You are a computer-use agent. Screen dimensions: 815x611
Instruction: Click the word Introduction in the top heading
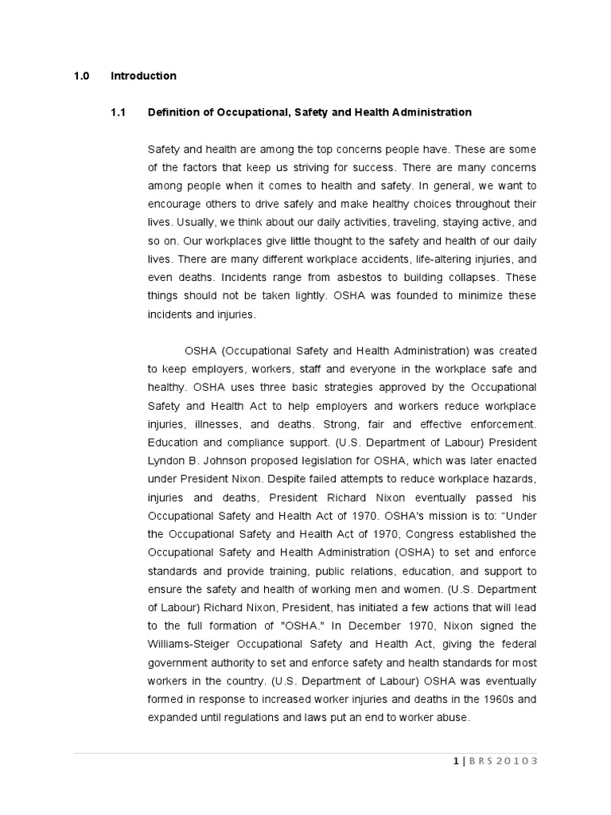[x=143, y=76]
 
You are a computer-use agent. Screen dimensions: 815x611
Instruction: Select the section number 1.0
[x=81, y=76]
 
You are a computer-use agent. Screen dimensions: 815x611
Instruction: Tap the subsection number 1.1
[x=118, y=112]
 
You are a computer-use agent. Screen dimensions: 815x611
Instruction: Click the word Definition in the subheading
[x=173, y=112]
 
